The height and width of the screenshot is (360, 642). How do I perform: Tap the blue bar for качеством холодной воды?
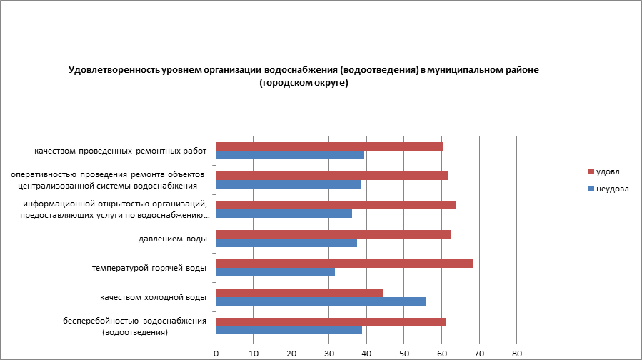[x=321, y=301]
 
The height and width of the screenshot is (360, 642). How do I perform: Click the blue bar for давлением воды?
[x=286, y=243]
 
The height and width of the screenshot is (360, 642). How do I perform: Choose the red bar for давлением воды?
[x=333, y=234]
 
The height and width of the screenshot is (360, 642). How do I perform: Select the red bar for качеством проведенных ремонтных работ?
[x=329, y=146]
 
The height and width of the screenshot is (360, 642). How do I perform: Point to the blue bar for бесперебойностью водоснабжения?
[x=289, y=330]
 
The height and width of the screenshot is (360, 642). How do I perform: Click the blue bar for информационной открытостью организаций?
[x=284, y=214]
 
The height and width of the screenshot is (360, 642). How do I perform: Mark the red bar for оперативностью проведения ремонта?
[x=331, y=176]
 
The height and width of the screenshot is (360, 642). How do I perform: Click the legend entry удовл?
[x=609, y=171]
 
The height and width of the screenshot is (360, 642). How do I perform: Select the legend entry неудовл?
[x=613, y=189]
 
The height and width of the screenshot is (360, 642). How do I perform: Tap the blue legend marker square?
[x=591, y=189]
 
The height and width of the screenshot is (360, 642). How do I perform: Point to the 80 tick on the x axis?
[x=517, y=352]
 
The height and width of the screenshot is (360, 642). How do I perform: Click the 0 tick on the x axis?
[x=216, y=352]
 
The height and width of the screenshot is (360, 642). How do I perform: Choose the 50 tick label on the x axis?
[x=404, y=352]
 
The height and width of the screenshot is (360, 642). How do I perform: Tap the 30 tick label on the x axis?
[x=328, y=352]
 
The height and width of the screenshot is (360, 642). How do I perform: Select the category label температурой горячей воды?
[x=149, y=268]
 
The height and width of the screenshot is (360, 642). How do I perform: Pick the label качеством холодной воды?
[x=154, y=297]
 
